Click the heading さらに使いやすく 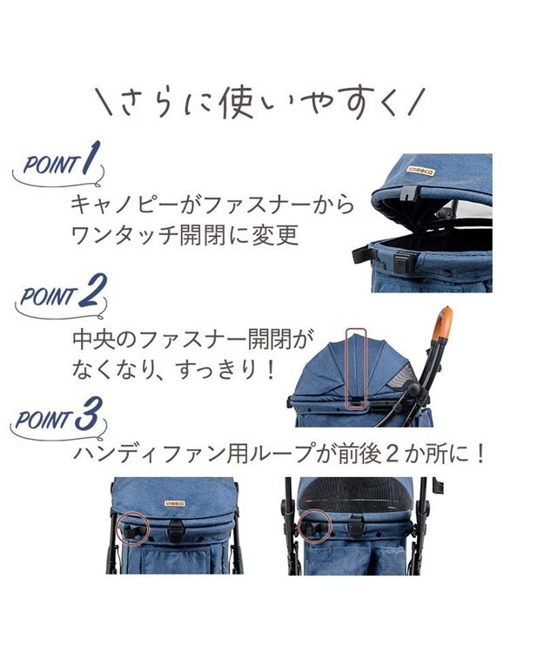pos(259,103)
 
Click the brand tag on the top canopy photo pos(420,171)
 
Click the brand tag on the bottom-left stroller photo pos(175,503)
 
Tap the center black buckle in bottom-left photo pos(176,529)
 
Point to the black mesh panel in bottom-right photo pos(357,495)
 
